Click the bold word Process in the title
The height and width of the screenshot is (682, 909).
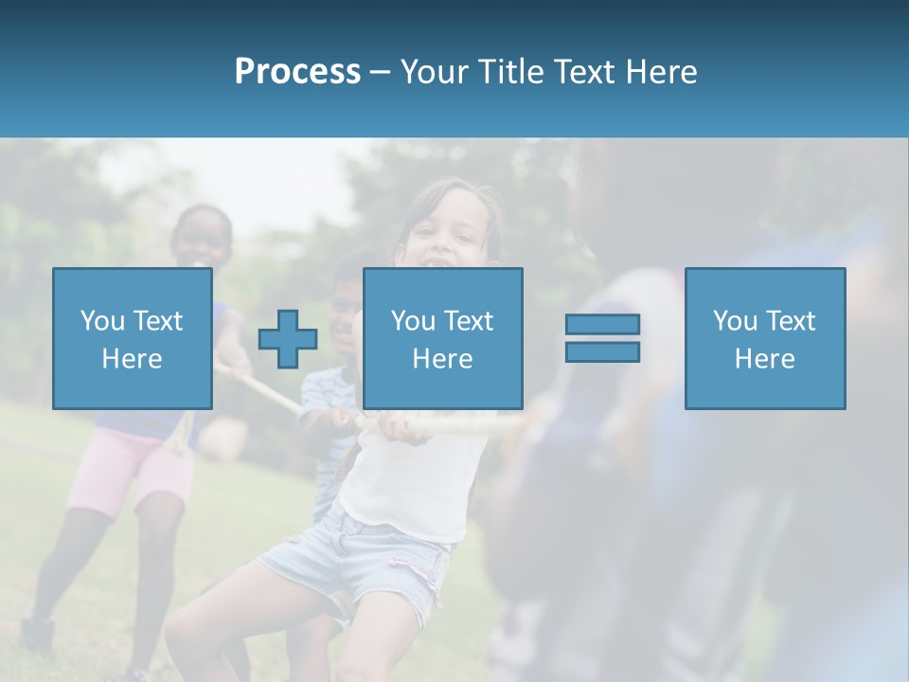tap(297, 72)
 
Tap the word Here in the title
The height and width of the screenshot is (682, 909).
tap(661, 72)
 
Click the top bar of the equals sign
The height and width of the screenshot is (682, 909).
tap(602, 324)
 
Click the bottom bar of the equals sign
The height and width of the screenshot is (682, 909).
tap(602, 352)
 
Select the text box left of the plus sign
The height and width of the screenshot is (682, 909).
tap(132, 338)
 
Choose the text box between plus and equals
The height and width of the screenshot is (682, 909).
tap(442, 338)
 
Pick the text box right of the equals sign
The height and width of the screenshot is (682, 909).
tap(764, 338)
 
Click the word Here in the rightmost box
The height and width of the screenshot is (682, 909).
tap(764, 358)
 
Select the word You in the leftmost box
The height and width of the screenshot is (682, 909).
tap(101, 320)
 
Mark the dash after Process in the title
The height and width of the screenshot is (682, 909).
tap(381, 72)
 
